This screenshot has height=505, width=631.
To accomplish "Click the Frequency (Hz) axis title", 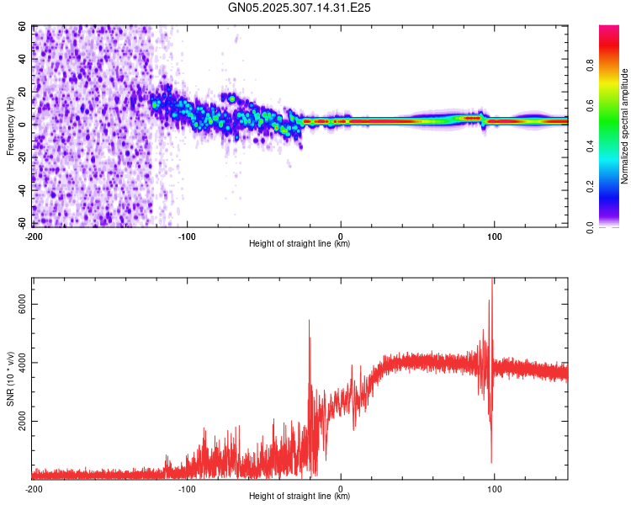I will click(10, 126).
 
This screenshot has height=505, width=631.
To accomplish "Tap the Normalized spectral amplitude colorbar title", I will click(624, 126).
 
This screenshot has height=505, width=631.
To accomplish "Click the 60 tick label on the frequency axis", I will click(23, 27).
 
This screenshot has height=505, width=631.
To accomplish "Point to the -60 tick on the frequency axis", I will click(20, 223).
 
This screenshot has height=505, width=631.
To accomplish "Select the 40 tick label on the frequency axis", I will click(23, 60).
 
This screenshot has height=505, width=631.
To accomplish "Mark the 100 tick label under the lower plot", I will click(495, 488).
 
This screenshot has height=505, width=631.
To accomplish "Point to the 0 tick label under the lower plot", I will click(341, 488).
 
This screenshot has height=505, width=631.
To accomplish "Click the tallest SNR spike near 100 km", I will click(492, 280).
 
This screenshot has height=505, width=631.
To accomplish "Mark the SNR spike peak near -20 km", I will click(309, 321).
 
